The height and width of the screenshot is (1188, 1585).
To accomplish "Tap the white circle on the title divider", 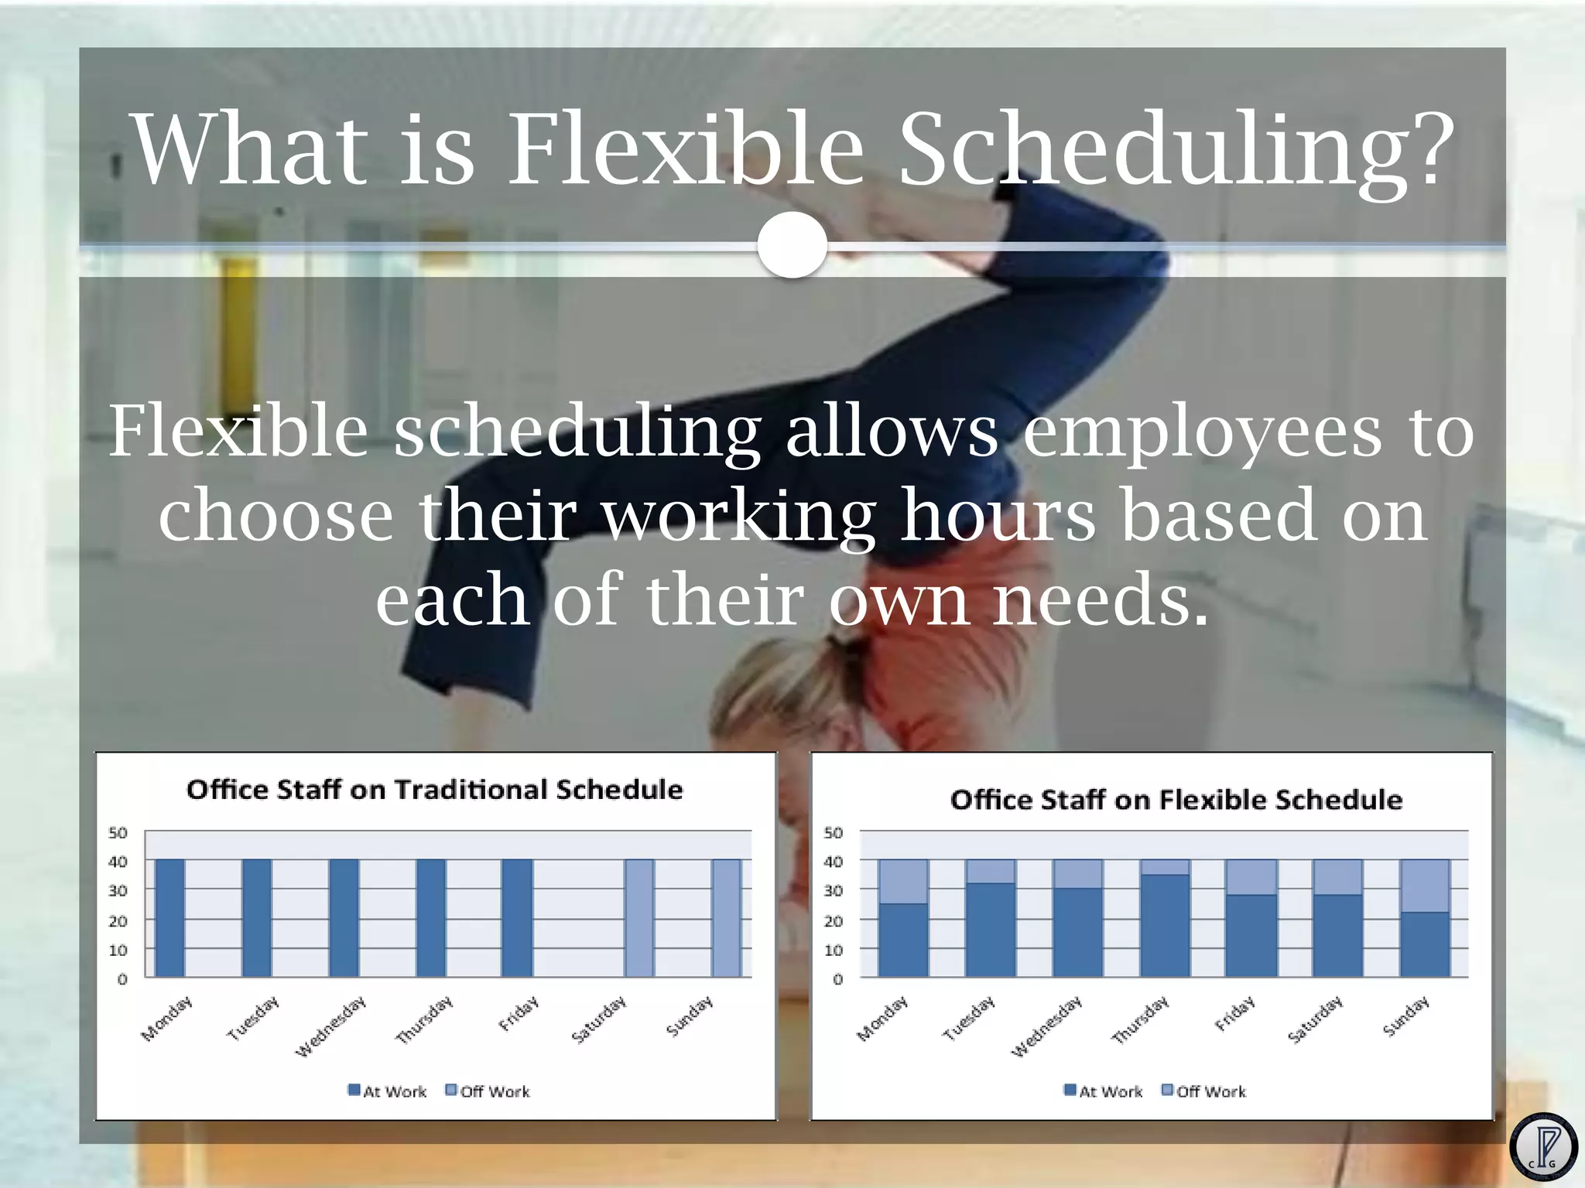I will pos(792,245).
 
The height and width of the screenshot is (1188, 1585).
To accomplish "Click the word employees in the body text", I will pos(1202,432).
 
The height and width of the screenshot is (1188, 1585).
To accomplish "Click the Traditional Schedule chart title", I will pos(435,790).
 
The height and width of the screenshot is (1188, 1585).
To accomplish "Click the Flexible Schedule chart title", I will pos(1176,800).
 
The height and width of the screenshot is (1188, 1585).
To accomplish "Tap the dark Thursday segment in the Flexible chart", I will pos(1165,926).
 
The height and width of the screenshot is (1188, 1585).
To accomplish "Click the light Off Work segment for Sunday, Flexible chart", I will pos(1425,886).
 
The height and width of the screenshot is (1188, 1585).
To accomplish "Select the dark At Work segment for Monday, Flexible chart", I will pos(903,940).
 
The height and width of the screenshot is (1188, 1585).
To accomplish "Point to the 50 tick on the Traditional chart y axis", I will pos(118,833).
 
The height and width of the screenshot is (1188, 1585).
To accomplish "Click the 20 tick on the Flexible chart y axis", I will pos(833,921).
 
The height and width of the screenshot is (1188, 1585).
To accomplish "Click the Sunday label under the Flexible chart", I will pos(1406,1016).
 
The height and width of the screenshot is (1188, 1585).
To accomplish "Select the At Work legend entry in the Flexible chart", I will pos(1104,1091).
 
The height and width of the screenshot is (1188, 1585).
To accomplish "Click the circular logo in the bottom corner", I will pos(1543,1146).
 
